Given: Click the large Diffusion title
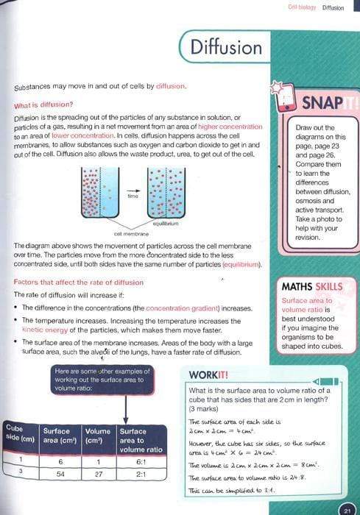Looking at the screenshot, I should click(225, 48).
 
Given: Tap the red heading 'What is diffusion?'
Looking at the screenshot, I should click(48, 104).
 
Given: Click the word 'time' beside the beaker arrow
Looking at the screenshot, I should click(132, 197).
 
